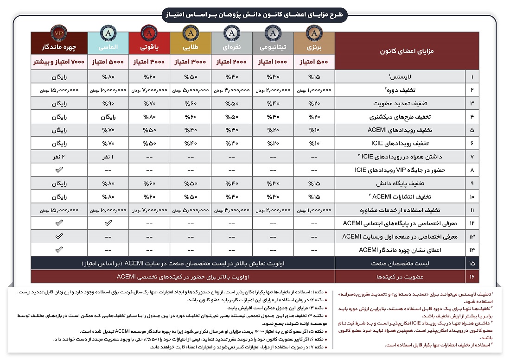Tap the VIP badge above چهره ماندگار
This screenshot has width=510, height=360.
[x=59, y=33]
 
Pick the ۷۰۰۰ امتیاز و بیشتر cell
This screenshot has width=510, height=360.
[x=59, y=61]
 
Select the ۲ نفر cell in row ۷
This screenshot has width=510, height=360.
[x=59, y=157]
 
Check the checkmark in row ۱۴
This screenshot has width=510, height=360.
[x=59, y=250]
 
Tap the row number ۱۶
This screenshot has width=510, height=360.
[x=472, y=277]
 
